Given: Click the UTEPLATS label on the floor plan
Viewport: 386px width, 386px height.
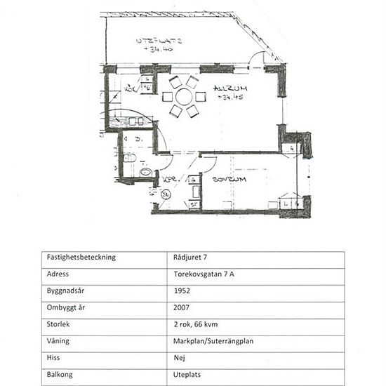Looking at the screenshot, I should click(x=159, y=41).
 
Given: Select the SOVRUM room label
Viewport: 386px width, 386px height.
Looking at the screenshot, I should click(x=229, y=180).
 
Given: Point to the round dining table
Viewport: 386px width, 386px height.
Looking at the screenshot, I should click(x=184, y=96).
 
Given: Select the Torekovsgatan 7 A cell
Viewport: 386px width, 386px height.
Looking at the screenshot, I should click(x=205, y=274).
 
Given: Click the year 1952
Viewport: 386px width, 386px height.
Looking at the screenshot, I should click(x=181, y=291).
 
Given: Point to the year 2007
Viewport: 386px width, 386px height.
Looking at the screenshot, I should click(x=181, y=307).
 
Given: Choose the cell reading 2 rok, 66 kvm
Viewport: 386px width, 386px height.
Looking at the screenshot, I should click(x=199, y=324).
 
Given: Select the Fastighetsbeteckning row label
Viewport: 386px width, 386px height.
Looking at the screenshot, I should click(x=81, y=257).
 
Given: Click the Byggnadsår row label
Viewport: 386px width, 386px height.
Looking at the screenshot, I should click(x=67, y=291).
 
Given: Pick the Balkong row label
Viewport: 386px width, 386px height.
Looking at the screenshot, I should click(x=60, y=374).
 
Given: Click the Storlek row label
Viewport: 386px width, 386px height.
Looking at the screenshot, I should click(x=59, y=324).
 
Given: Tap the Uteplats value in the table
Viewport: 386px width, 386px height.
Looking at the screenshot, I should click(x=188, y=374).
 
